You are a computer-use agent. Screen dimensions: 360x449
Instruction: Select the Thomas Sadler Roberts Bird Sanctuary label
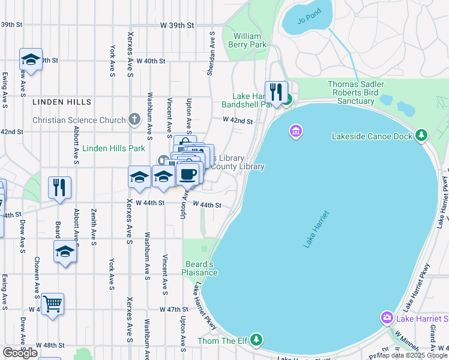(355, 93)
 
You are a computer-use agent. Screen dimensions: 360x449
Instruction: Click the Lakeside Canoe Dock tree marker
(422, 136)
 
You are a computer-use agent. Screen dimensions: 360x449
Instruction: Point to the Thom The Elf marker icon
(256, 340)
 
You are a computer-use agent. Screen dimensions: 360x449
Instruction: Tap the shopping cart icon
(52, 304)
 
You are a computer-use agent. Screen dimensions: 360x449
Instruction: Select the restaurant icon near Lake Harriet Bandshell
(276, 92)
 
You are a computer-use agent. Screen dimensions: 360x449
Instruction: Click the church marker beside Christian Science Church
(134, 120)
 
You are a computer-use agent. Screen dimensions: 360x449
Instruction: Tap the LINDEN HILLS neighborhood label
(62, 103)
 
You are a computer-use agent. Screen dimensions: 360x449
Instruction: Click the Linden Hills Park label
(113, 148)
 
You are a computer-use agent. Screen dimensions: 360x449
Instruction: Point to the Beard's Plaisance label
(200, 268)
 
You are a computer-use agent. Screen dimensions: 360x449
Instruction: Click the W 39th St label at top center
(178, 26)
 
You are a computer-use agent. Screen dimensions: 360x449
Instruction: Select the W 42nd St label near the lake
(238, 121)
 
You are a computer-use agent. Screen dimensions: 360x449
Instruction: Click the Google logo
(20, 353)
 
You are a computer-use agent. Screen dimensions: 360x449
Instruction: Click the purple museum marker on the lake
(295, 131)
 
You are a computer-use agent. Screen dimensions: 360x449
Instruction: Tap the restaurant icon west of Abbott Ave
(59, 187)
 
